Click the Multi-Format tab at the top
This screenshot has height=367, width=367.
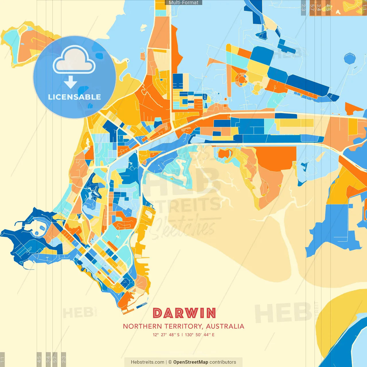[183, 3]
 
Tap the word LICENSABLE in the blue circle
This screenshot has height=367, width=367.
[75, 97]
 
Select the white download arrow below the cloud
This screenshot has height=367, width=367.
[71, 83]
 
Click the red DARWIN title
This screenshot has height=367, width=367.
[184, 313]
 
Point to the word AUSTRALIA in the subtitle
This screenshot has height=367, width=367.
[225, 326]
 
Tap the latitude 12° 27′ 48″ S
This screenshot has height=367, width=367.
[166, 335]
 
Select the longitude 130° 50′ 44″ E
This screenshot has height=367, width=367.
[200, 335]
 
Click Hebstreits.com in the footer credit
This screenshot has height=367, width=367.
[147, 362]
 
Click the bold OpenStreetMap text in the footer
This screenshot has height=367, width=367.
[191, 362]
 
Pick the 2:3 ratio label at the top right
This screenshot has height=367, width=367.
[303, 7]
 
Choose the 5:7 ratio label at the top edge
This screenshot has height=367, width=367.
[312, 7]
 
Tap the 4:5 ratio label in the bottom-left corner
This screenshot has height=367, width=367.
[39, 359]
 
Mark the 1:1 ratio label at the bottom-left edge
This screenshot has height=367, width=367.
[2, 359]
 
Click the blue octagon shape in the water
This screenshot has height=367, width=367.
[350, 58]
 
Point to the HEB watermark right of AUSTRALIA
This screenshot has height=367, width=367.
[282, 313]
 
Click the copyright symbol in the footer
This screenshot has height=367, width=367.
[170, 362]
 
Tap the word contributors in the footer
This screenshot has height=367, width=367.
[223, 362]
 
